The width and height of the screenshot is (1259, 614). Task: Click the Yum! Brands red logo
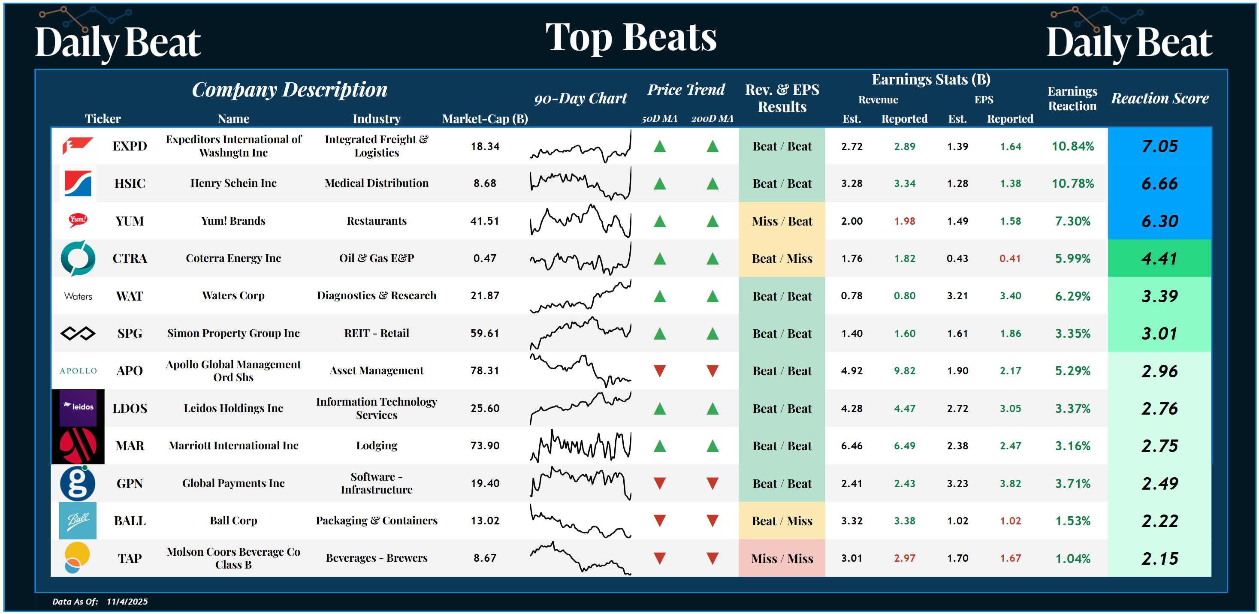click(78, 220)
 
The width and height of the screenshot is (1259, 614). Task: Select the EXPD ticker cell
click(130, 146)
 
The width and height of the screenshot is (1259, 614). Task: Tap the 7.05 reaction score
click(1159, 146)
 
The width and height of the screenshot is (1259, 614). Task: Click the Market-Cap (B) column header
click(485, 119)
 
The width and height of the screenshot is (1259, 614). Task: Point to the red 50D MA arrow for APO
click(660, 371)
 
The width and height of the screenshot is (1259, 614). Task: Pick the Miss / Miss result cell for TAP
click(782, 558)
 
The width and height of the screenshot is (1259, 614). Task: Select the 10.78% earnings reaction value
click(1072, 184)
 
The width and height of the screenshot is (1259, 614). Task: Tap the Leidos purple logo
click(78, 407)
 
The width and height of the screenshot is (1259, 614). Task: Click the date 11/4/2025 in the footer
click(127, 601)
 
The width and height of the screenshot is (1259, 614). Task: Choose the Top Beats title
click(631, 38)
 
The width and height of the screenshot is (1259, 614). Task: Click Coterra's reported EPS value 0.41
click(1010, 259)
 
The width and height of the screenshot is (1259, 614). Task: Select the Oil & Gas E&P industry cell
click(376, 258)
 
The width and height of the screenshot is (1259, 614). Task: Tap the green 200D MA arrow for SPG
click(713, 334)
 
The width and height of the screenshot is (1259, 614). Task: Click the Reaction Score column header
click(1159, 98)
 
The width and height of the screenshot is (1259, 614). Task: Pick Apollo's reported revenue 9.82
click(904, 371)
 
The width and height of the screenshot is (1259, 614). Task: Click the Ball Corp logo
click(78, 520)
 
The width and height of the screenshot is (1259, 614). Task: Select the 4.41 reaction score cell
click(1159, 259)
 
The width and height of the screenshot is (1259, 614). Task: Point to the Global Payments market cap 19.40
click(485, 484)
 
